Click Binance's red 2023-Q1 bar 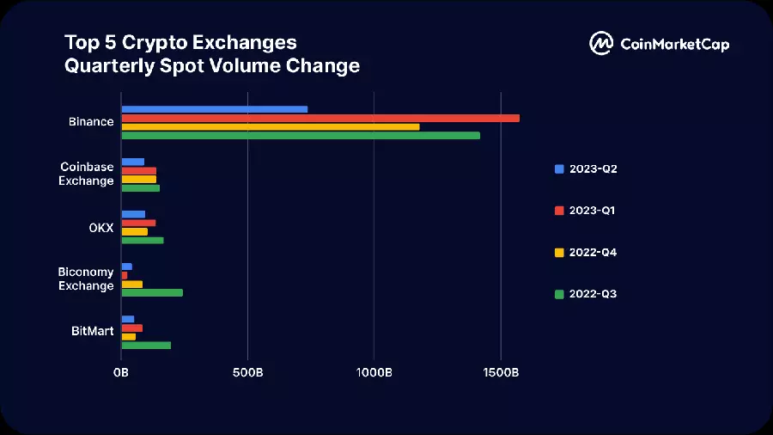pos(320,119)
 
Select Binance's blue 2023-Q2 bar pos(215,109)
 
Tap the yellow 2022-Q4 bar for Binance pos(271,126)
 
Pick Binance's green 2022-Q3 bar pos(301,136)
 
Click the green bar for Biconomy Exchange pos(152,293)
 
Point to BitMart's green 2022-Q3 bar pos(146,346)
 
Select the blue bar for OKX pos(134,215)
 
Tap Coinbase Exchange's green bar pos(141,188)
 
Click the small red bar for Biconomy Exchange pos(125,275)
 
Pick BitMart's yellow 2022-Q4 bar pos(129,337)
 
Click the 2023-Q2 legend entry pos(586,169)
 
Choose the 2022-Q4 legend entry pos(586,253)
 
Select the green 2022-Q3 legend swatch pos(559,294)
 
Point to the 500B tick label pos(247,372)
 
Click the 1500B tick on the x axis pos(501,372)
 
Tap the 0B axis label pos(121,372)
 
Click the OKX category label pos(101,228)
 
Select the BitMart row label pos(92,331)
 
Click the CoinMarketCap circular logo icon pos(601,43)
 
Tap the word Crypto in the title pos(155,43)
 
